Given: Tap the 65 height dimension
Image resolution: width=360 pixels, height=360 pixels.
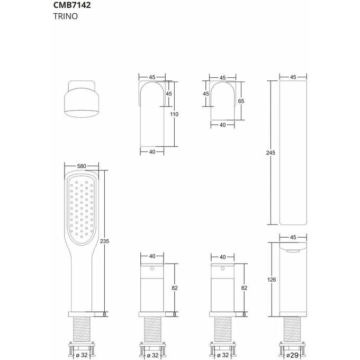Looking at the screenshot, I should coord(240,100).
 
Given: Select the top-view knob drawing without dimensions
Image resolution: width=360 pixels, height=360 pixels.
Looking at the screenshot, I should coord(82,100).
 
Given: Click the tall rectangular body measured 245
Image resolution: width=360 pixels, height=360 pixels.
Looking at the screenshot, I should coord(293,154).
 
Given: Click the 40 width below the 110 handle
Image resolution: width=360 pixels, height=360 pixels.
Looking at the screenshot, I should coord(152,151).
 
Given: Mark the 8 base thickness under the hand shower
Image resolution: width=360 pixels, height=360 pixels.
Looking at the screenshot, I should coord(105,314).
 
